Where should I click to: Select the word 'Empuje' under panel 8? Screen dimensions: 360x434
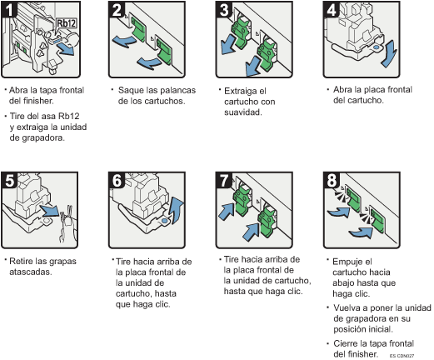[x=347, y=261]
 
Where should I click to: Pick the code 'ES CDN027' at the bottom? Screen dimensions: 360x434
[x=403, y=355]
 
